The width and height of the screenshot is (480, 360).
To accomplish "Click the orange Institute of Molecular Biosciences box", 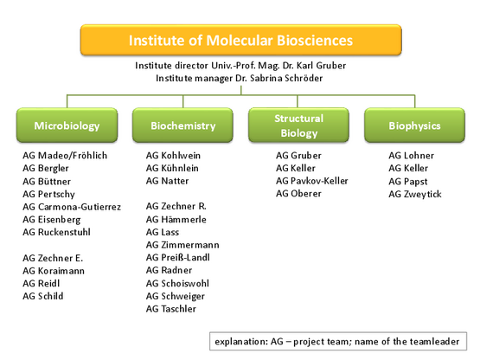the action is tap(241, 40).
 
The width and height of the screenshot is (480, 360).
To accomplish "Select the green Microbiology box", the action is tap(67, 125).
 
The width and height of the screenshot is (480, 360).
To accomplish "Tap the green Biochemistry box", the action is tap(182, 125).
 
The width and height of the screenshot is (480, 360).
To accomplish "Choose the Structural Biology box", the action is tap(298, 125).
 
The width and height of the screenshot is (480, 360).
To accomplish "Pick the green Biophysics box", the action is tap(415, 125).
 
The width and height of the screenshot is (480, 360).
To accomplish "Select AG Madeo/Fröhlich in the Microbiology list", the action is tap(65, 156).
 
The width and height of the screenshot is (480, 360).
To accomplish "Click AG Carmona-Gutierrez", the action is tap(72, 207).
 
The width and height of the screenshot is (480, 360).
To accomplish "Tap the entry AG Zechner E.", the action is tap(53, 258).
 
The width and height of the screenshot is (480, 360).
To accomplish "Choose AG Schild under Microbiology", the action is tap(43, 296).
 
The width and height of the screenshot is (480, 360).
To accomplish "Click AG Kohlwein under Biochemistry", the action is tap(173, 156).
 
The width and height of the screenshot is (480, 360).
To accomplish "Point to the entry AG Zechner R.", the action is tap(176, 206).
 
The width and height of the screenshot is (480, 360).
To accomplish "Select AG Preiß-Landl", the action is tap(178, 257).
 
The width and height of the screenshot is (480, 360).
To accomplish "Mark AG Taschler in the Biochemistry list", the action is tap(171, 309).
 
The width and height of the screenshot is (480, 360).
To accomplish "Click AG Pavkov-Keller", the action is tap(312, 181).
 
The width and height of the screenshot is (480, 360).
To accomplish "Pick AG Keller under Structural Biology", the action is tap(296, 168).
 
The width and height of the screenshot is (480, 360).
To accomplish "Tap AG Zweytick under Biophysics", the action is tap(415, 194).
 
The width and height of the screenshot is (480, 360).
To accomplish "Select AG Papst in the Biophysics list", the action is tap(408, 182).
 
